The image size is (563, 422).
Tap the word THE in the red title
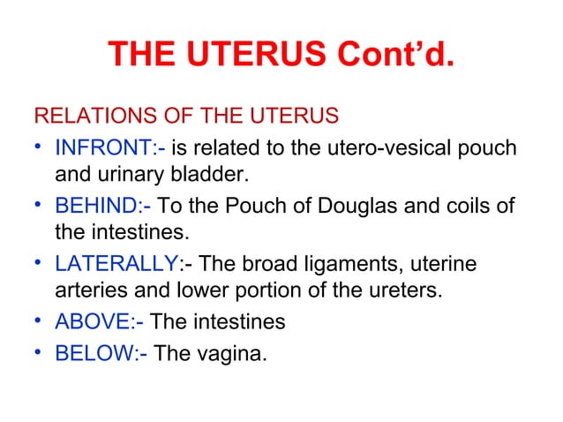click(x=139, y=58)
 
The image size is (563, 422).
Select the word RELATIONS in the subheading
click(x=88, y=117)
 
